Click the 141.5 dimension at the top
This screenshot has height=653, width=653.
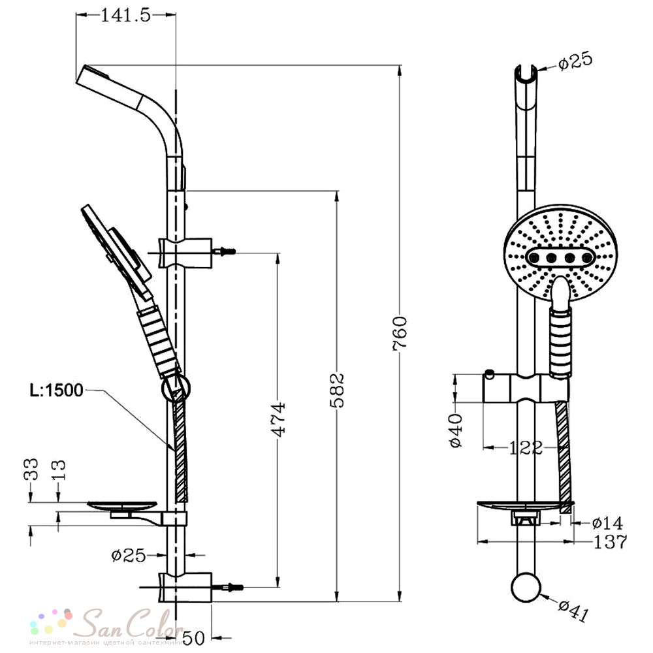coord(126,16)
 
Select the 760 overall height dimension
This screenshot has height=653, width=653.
coord(400,334)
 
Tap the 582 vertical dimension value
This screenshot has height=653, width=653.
coord(336,390)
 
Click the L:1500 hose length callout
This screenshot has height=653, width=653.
coord(56,390)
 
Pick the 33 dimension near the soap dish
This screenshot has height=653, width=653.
coord(31,469)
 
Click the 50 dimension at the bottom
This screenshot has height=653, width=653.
coord(194,637)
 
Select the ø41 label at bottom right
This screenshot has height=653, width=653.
coord(573,611)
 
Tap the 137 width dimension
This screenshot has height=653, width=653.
coord(610,542)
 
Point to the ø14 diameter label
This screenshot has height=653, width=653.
coord(607,522)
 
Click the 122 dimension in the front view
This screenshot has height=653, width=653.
coord(526,448)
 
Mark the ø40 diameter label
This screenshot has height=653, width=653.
coord(456,430)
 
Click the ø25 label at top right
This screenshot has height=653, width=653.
coord(575,61)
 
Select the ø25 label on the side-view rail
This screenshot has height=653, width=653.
coord(129,555)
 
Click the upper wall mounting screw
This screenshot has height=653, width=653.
coord(224,251)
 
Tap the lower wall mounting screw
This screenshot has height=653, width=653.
coord(228,587)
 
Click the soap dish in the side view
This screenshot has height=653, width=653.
coord(123,507)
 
